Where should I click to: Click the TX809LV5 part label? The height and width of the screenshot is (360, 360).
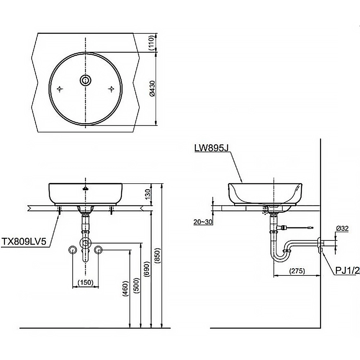coord(24,241)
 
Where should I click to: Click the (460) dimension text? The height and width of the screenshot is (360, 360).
coord(125,288)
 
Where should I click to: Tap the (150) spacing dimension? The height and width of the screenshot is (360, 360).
coord(86,282)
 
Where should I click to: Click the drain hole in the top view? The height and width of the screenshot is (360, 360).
coord(85,80)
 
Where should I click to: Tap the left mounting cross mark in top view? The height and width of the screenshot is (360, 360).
coord(60,89)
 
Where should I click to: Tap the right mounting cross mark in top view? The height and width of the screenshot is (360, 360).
coord(111,89)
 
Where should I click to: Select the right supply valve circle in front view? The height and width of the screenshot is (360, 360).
coord(98,249)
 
